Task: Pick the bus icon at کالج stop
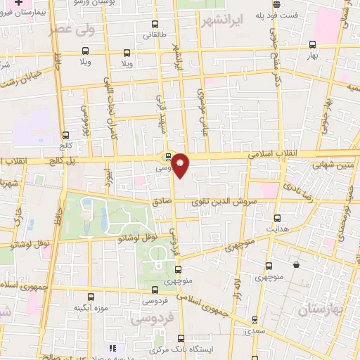pyautogui.click(x=66, y=135)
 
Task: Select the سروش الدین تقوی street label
pyautogui.click(x=224, y=201)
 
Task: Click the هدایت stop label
pyautogui.click(x=277, y=229)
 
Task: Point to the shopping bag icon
pyautogui.click(x=297, y=265)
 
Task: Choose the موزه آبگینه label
pyautogui.click(x=89, y=308)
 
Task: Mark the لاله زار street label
pyautogui.click(x=238, y=289)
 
